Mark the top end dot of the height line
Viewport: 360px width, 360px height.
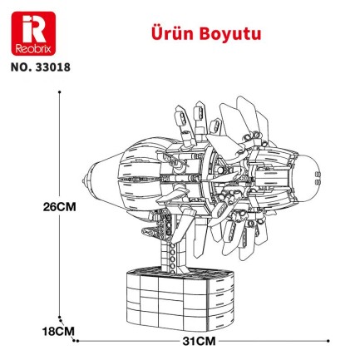pos(59,94)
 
